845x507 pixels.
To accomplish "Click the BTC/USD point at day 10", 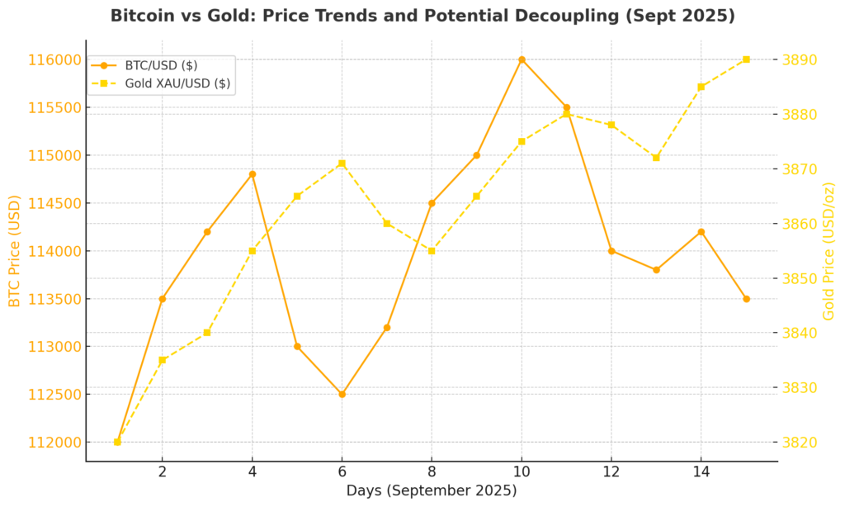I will (x=522, y=59).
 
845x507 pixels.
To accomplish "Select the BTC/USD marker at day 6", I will (x=342, y=394).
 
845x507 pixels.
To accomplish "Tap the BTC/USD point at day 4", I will (x=252, y=174).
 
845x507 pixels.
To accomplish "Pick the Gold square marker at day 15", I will (x=746, y=59).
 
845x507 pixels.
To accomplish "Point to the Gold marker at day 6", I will (x=342, y=163).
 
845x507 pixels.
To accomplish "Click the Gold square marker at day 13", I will (x=656, y=158).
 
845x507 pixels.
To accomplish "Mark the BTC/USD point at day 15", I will (x=746, y=299).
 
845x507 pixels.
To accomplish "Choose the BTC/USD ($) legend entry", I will (x=161, y=65).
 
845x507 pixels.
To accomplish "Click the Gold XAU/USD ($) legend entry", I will (x=177, y=83).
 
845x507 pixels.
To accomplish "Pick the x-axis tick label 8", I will (x=432, y=472).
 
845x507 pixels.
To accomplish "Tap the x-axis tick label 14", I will (x=701, y=472).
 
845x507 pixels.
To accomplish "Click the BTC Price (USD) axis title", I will (x=15, y=251).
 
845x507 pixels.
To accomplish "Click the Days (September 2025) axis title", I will (x=432, y=490).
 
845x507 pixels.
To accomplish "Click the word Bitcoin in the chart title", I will (x=143, y=16).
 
